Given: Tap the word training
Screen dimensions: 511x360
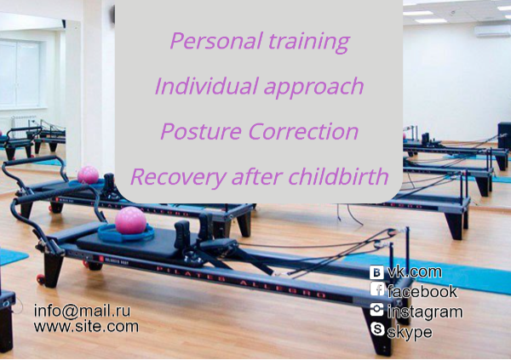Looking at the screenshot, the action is point(309,43).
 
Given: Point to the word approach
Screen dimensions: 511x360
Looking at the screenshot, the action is point(313,88).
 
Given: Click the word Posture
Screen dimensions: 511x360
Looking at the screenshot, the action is point(201,131).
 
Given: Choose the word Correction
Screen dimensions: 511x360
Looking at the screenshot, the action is point(303,131).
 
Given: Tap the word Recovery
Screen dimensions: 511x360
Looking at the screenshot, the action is point(178,178).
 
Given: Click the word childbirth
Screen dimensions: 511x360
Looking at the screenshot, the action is point(338,176).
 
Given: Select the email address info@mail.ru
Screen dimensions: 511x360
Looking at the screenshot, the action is point(82,311).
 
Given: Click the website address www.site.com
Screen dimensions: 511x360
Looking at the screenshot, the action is point(86,326).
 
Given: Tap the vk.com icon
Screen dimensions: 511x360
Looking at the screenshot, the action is point(376,272).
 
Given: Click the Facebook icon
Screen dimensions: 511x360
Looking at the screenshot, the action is point(377,289).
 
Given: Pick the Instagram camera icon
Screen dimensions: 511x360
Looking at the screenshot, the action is point(376,309).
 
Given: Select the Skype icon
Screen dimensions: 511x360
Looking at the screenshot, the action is point(377,329).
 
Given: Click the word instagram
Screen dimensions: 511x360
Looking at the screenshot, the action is point(425,312).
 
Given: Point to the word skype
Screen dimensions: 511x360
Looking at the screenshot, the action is point(410,332).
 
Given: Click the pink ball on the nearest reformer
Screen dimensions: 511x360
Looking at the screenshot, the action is point(130,220).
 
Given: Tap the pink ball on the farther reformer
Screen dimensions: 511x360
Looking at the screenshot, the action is point(88,174).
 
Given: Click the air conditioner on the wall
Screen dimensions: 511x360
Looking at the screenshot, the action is point(492,31).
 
